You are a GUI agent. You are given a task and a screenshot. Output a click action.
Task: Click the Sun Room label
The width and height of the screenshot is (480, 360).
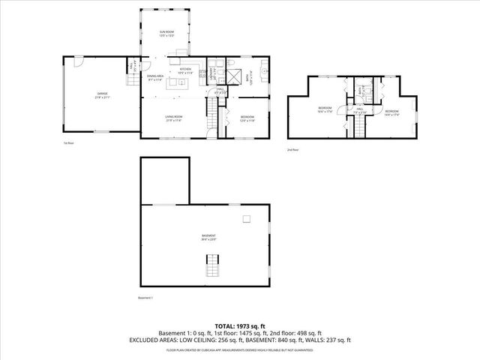coord(166,34)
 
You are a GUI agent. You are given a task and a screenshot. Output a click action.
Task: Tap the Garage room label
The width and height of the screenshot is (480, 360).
coord(101,94)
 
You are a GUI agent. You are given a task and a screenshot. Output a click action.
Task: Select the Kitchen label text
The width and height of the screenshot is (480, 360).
coord(185,70)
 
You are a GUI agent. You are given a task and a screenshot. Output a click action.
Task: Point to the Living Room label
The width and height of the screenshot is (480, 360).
coord(174,118)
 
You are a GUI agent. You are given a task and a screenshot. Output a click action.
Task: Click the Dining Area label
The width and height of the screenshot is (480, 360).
coord(155,77)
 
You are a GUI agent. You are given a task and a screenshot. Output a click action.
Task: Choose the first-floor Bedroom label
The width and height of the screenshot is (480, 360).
coord(247,118)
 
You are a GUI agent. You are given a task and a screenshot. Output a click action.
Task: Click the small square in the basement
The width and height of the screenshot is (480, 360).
coord(245,219)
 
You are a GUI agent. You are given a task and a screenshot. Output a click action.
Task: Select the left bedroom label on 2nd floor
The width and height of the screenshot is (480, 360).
coord(325,110)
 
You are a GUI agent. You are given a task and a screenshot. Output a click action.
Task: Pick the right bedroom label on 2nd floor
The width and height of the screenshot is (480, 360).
coord(391,113)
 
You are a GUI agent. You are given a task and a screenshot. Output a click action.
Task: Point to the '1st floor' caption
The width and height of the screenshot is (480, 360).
coord(68,142)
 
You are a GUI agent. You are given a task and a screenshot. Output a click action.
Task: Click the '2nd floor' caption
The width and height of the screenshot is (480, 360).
coord(292,150)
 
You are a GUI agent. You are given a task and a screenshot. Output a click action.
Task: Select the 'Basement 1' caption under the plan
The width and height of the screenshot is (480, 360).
coord(145,298)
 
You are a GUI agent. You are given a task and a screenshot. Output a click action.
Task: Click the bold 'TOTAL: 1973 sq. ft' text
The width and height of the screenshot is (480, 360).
coord(239,325)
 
